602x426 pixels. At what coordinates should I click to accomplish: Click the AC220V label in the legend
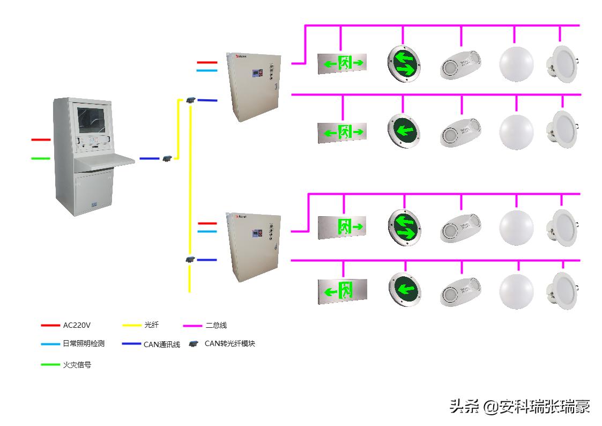point(77,325)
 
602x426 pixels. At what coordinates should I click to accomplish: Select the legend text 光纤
point(151,325)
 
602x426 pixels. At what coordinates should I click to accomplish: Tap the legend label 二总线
point(216,325)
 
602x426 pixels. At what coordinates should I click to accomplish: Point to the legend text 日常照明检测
point(84,343)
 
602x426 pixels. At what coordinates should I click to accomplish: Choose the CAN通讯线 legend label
point(161,344)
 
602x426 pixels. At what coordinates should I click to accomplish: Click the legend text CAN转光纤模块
point(229,343)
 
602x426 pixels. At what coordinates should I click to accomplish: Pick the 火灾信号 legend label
point(77,365)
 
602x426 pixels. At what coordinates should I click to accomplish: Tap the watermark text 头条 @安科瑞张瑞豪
point(519,407)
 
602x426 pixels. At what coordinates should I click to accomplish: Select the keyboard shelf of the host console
point(105,160)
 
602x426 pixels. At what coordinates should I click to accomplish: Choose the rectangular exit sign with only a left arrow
point(341,291)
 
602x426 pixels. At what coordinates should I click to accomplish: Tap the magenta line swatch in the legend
point(192,325)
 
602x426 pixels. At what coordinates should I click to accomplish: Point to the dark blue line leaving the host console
point(149,158)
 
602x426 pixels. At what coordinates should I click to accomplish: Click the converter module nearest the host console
point(167,158)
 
